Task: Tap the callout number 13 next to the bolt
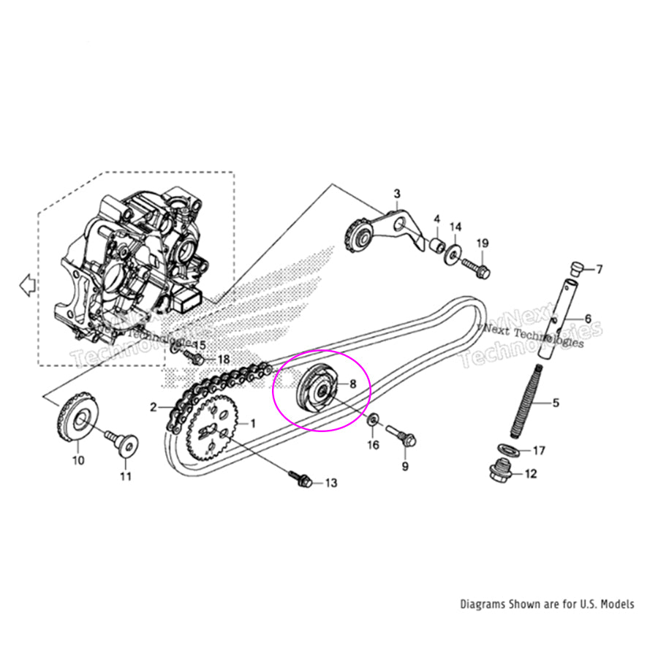tap(331, 483)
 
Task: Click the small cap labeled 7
tap(575, 269)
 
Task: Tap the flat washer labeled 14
tap(453, 251)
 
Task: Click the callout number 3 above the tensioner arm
tap(397, 194)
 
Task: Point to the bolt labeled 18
tap(196, 358)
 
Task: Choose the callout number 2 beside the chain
tap(154, 407)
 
